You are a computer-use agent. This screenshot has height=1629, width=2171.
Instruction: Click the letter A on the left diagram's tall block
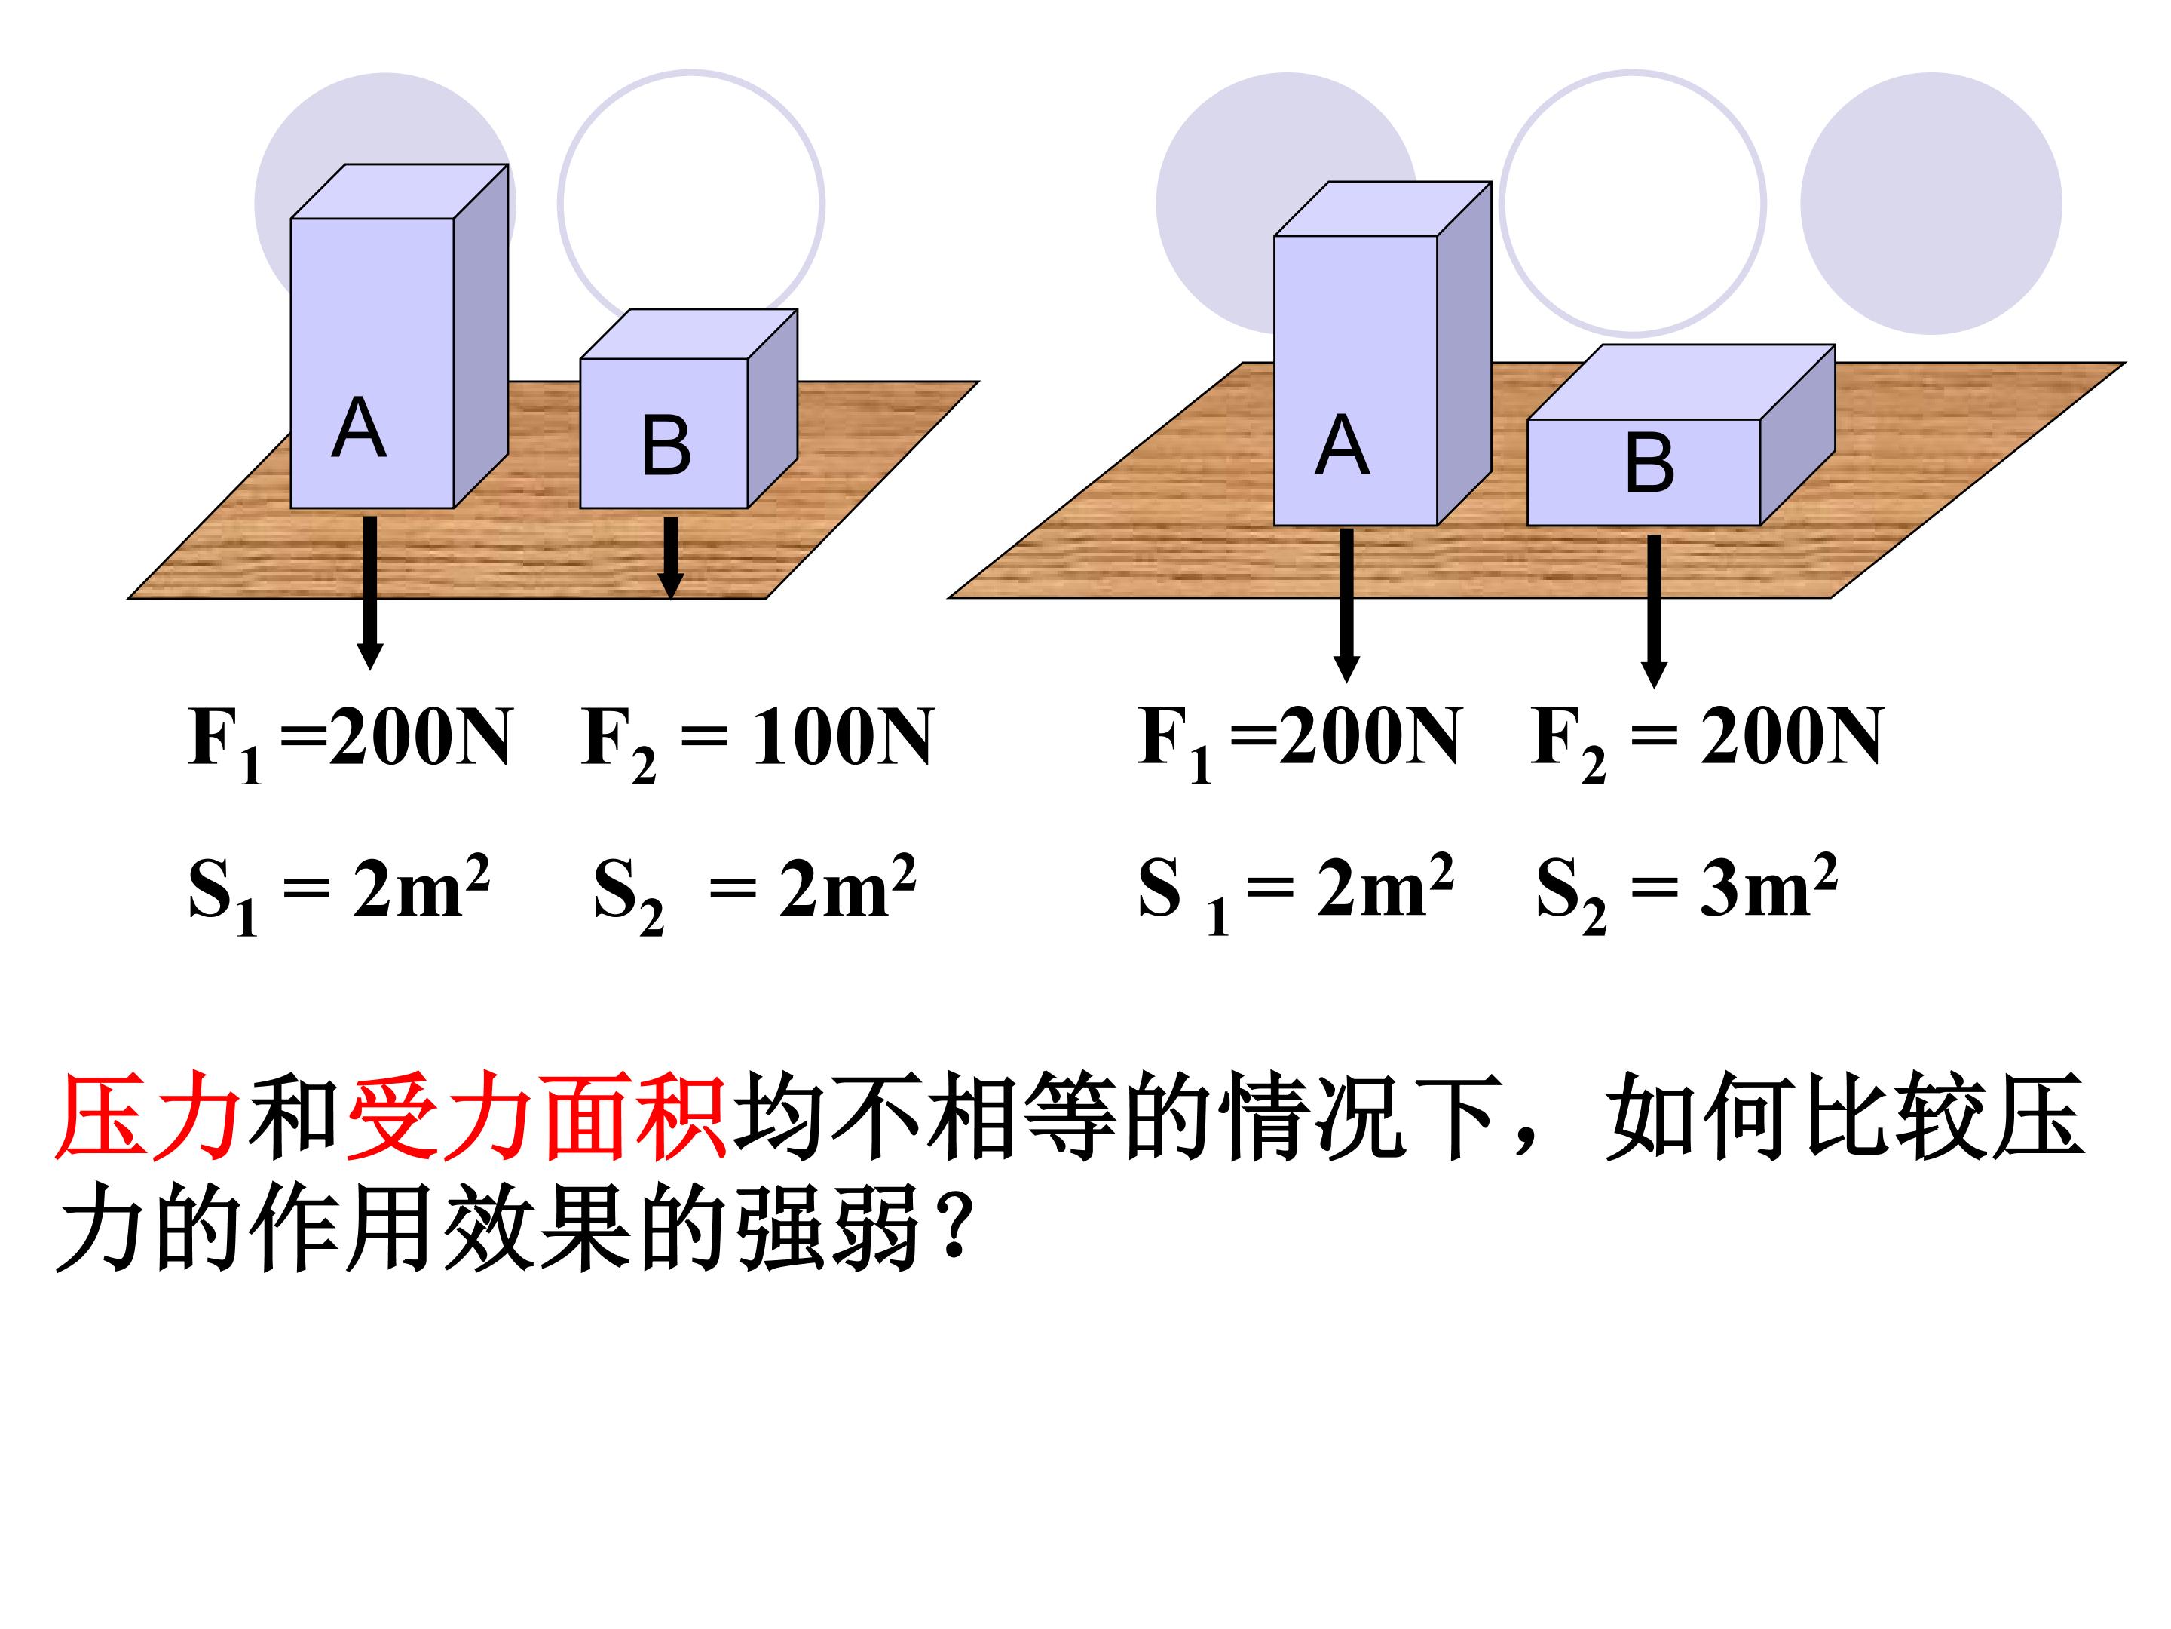[360, 428]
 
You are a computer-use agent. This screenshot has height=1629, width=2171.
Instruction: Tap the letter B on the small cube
[666, 445]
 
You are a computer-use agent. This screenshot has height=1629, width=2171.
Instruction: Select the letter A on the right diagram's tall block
[1342, 445]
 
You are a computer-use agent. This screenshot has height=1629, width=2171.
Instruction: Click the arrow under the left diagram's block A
[370, 593]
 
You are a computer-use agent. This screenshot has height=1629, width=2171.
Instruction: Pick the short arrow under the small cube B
[670, 558]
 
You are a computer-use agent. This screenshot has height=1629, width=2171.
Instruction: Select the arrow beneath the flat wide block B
[1654, 611]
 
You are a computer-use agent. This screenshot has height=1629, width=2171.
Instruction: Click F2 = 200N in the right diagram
[1707, 742]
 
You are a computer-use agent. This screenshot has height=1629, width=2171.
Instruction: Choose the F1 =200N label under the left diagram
[350, 742]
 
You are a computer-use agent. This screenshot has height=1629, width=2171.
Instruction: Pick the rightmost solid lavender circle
[1931, 204]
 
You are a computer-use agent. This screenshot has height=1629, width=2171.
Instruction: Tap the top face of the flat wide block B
[1681, 382]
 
